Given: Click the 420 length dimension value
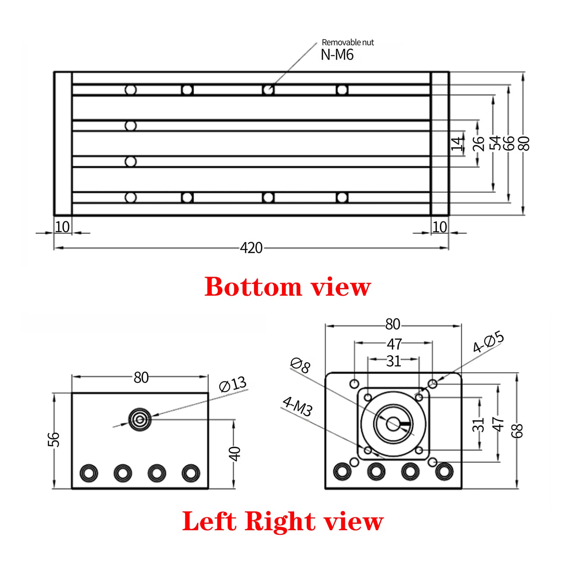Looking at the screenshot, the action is pos(251,248).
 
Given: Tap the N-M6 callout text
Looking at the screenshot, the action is pos(337,55).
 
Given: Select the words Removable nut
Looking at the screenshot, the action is pos(348,42).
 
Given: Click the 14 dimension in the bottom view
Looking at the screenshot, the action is pos(457,144).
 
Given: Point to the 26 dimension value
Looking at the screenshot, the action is pos(478,144).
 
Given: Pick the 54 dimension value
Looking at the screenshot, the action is pos(495,143).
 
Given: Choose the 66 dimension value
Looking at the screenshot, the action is pos(509,143).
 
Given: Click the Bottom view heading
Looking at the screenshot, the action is pos(288,286).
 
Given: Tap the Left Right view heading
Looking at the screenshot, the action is pos(283,521).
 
